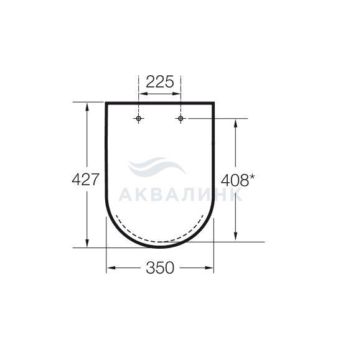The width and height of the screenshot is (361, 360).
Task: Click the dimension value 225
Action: tap(160, 81)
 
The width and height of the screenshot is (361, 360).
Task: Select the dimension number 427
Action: tap(85, 180)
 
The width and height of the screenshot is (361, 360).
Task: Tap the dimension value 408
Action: tap(235, 180)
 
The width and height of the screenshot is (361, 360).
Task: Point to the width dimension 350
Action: tap(160, 267)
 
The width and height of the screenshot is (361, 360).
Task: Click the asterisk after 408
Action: tap(252, 177)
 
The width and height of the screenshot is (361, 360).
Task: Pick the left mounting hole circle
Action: tap(138, 119)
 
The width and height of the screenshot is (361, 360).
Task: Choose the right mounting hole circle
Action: tap(180, 119)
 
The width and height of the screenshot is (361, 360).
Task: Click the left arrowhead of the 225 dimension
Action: tap(143, 94)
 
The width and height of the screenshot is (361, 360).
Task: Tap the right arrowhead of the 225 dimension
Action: tap(176, 94)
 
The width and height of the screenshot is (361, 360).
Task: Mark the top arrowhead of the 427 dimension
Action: tap(87, 108)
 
